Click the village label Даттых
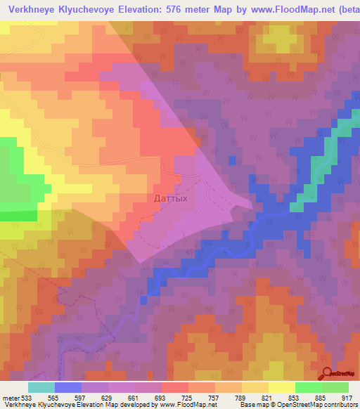[170, 199]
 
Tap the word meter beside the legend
[11, 397]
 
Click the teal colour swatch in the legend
[41, 387]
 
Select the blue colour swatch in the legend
[68, 387]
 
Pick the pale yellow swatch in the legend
[282, 387]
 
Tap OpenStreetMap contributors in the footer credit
[316, 405]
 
